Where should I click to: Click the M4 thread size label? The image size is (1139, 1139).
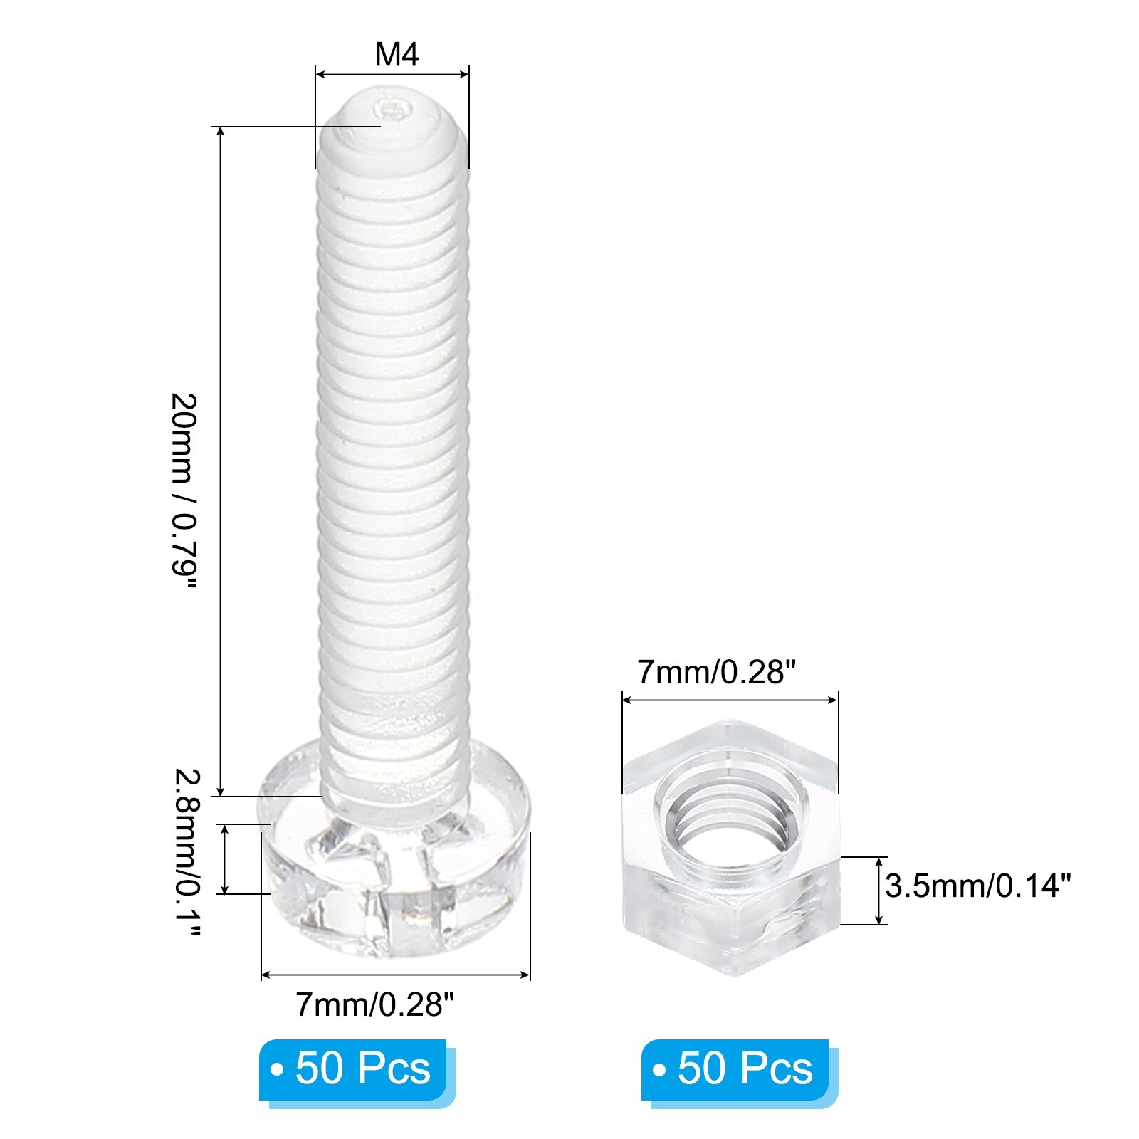(x=397, y=55)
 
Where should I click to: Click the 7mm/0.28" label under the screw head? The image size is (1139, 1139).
(x=374, y=1004)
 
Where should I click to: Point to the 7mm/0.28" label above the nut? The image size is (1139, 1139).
(x=716, y=671)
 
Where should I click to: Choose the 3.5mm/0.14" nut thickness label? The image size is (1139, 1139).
(x=978, y=886)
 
